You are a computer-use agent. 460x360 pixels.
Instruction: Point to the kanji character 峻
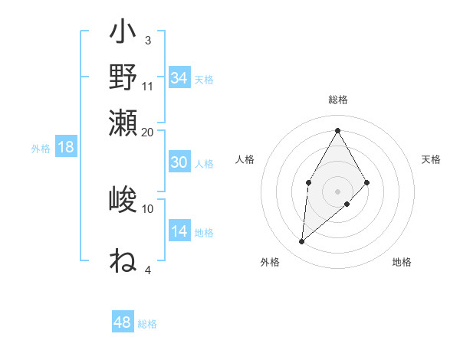coord(123,201)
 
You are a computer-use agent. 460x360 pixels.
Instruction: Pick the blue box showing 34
coord(179,78)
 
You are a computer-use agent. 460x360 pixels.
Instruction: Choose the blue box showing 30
coord(179,162)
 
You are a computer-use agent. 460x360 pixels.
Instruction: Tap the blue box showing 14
coord(179,231)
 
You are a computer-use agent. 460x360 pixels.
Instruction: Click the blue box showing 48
coord(122,322)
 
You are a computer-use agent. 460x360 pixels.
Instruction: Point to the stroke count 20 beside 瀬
coord(148,132)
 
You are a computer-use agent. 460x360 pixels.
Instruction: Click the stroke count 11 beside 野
coord(148,86)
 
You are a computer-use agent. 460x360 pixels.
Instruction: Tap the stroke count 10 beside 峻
coord(148,208)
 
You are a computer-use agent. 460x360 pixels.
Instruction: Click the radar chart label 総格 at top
coord(337,100)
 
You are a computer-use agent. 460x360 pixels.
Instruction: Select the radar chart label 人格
coord(245,159)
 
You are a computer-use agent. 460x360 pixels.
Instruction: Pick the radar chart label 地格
coord(402,262)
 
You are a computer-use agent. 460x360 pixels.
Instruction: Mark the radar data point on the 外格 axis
coord(301,242)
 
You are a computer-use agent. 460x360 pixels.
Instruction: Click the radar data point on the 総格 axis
coord(337,129)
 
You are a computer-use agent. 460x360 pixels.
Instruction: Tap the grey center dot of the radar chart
coord(337,191)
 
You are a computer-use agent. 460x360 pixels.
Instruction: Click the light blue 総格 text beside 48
coord(147,324)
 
